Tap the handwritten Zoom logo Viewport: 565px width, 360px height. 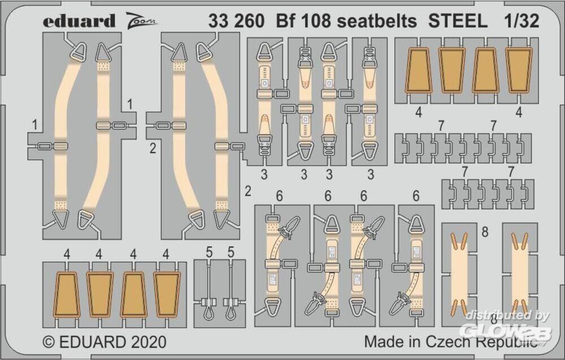click(x=141, y=19)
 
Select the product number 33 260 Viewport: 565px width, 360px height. click(x=236, y=21)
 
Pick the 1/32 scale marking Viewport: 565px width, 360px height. click(x=521, y=21)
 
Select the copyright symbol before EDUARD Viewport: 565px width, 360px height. click(x=49, y=342)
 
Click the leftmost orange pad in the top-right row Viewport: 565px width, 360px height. click(x=418, y=70)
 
